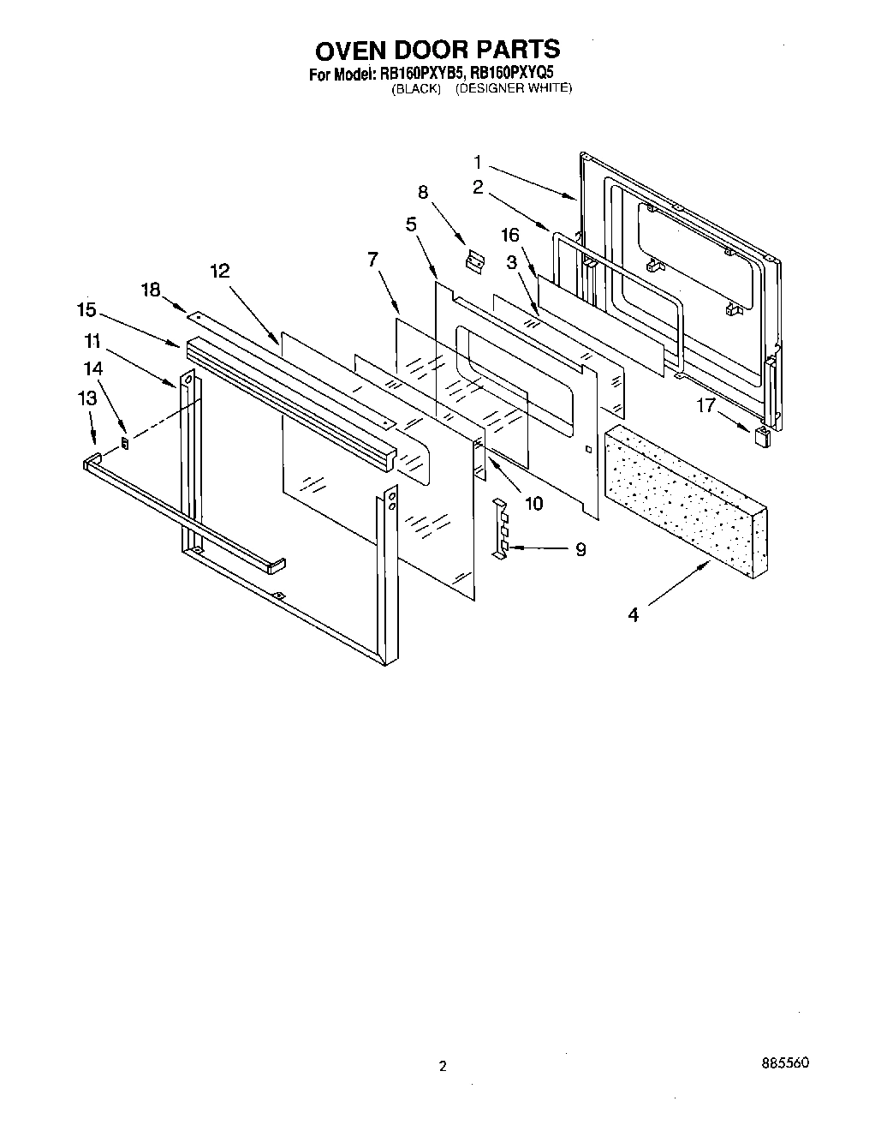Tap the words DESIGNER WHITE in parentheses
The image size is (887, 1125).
click(513, 88)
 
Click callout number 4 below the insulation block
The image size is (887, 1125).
click(633, 614)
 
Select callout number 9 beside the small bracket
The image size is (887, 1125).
click(580, 549)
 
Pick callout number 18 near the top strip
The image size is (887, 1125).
click(151, 290)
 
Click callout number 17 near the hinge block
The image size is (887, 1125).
click(705, 405)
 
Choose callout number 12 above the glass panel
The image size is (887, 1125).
click(219, 271)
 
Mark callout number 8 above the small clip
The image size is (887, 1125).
click(422, 192)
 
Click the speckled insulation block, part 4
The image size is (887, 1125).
click(685, 493)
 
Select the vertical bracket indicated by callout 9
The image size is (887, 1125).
click(502, 527)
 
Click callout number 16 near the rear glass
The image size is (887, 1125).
click(510, 235)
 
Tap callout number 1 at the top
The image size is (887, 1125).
click(478, 161)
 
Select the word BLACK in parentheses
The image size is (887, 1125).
click(416, 88)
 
